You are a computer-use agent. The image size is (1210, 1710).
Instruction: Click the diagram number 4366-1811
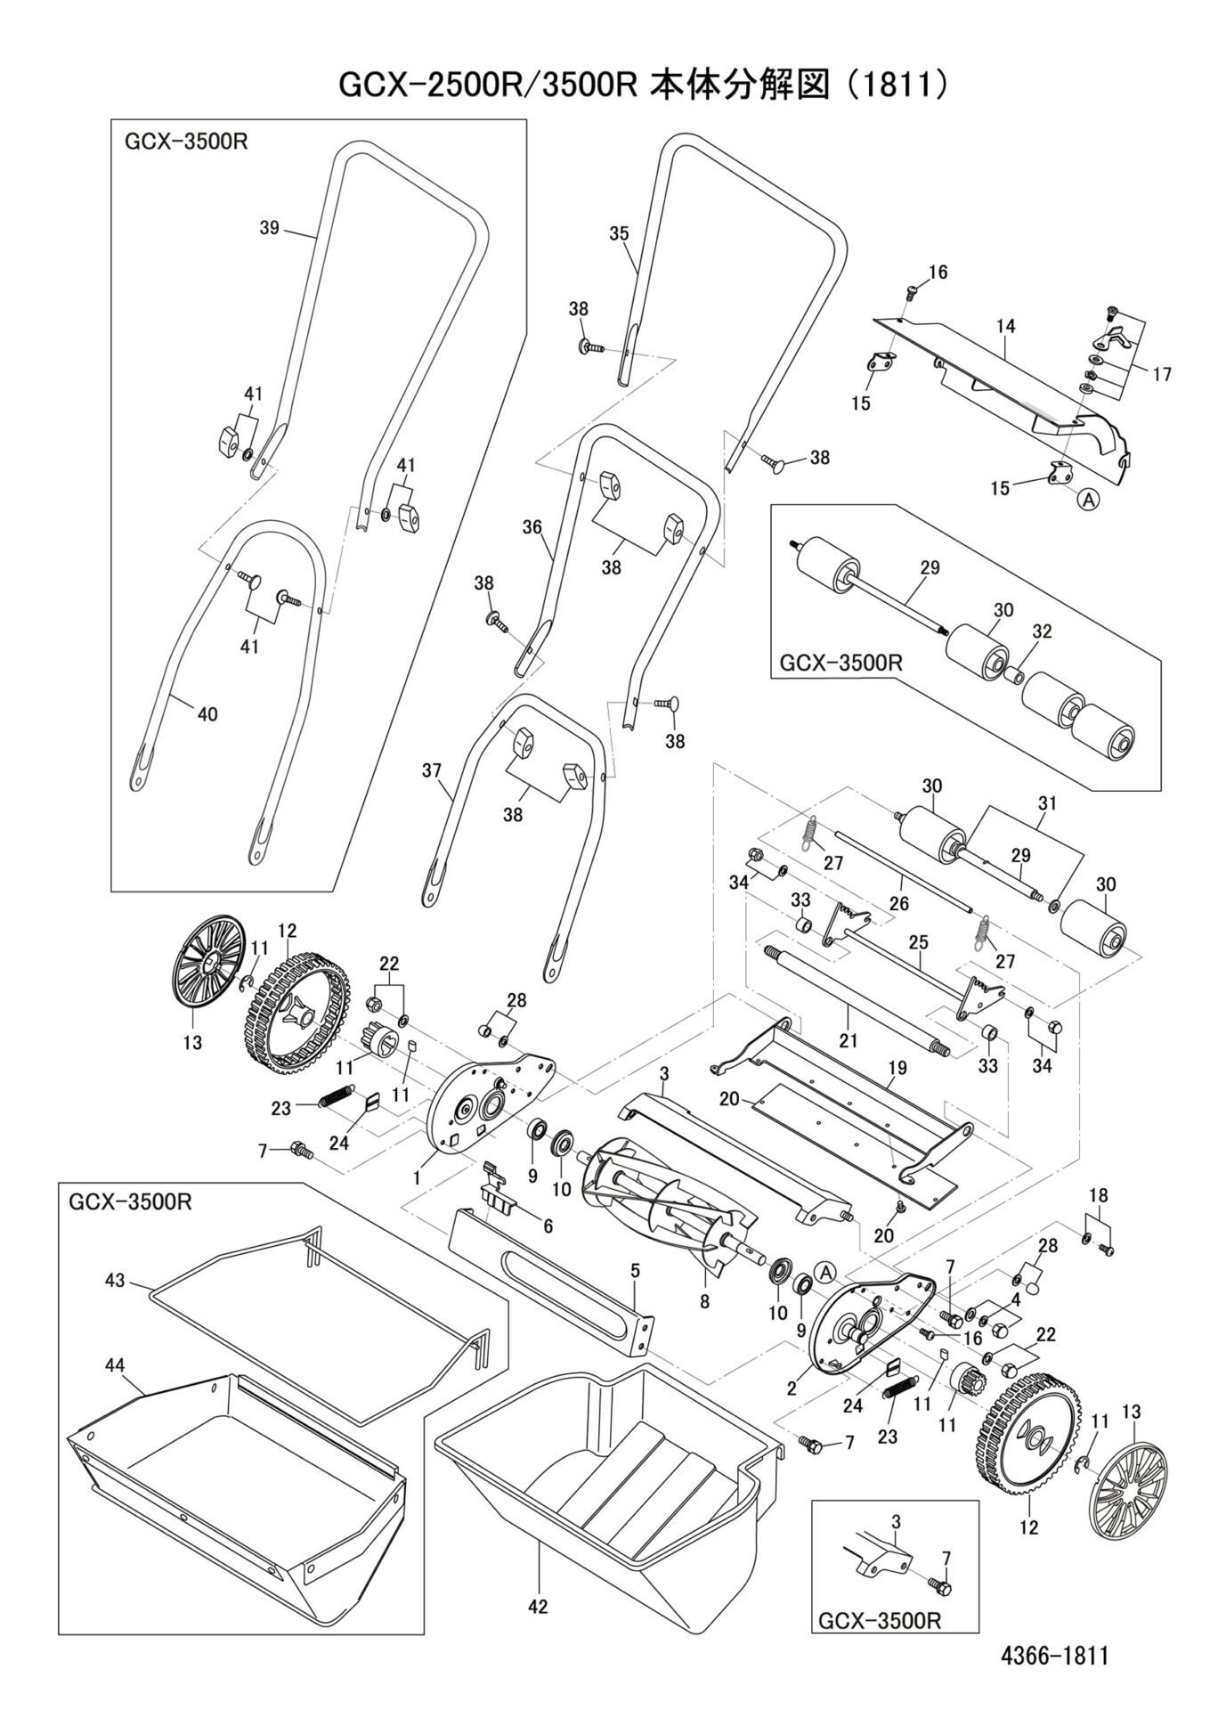click(1053, 1657)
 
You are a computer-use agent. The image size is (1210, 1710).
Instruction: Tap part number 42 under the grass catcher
click(538, 1608)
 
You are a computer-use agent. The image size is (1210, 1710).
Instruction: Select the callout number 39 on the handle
click(269, 228)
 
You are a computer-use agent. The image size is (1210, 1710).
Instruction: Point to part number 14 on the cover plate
click(1005, 327)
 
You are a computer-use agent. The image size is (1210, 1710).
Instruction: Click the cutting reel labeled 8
click(704, 1301)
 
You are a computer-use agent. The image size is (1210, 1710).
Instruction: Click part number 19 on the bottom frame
click(897, 1067)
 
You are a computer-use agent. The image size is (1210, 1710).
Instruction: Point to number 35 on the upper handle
click(619, 234)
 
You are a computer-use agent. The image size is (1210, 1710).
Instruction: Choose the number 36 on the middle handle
click(532, 527)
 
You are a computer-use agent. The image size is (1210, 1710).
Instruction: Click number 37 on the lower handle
click(432, 770)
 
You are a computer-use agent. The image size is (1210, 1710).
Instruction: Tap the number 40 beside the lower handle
click(207, 713)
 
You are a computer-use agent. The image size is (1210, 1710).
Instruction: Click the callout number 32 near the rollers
click(1042, 631)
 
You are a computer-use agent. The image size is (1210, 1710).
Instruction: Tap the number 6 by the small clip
click(548, 1226)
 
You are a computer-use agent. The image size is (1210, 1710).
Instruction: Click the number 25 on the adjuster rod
click(918, 941)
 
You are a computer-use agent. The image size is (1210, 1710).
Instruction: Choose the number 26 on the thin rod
click(898, 903)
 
